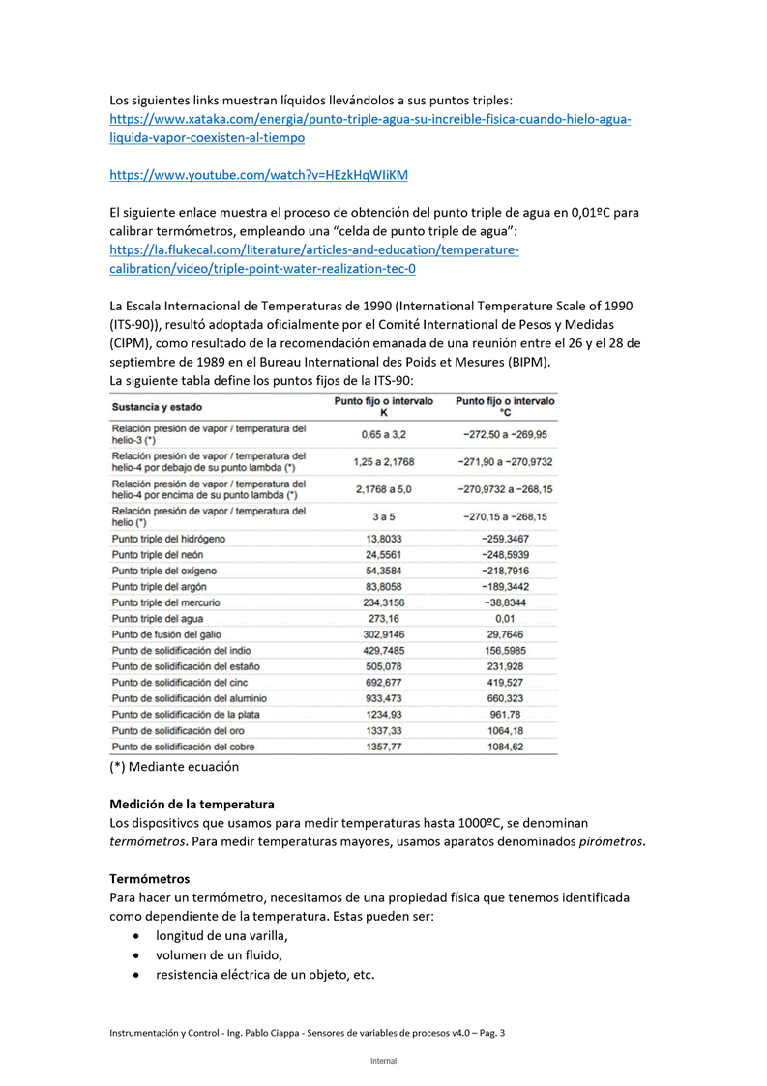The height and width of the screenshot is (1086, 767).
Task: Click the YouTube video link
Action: pyautogui.click(x=258, y=175)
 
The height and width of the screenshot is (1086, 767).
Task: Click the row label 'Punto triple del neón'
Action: pyautogui.click(x=158, y=555)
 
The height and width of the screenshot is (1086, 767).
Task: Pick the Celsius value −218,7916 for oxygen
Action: pyautogui.click(x=504, y=571)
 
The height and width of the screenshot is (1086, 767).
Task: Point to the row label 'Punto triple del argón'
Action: pyautogui.click(x=160, y=587)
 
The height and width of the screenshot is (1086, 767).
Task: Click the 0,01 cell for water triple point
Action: pyautogui.click(x=504, y=618)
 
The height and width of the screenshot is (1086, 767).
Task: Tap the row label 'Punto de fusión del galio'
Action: pyautogui.click(x=166, y=634)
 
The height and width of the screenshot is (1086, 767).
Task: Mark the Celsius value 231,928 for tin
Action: pyautogui.click(x=504, y=666)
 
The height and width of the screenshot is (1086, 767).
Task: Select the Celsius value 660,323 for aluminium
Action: pyautogui.click(x=504, y=698)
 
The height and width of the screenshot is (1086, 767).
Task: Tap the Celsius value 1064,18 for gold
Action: pyautogui.click(x=504, y=730)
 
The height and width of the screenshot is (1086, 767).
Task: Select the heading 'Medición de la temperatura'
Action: pyautogui.click(x=192, y=804)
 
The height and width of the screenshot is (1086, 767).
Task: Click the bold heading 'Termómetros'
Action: pyautogui.click(x=149, y=878)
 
